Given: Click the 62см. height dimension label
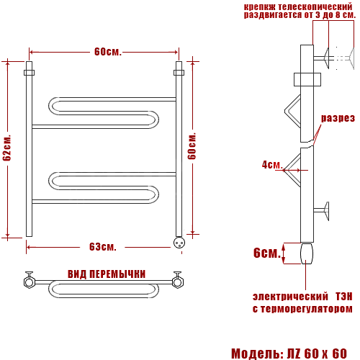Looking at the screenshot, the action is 7,148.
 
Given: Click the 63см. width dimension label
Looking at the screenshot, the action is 103,247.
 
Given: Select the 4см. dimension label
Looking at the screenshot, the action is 272,165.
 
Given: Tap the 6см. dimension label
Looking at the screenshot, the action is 267,253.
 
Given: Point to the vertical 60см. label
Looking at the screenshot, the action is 192,146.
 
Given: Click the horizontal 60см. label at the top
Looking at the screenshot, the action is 108,52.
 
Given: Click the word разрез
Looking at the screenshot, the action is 338,118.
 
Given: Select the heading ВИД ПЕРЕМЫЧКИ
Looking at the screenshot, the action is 107,274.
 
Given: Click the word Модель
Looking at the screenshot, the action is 257,354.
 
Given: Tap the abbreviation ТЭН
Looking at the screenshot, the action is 344,297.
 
